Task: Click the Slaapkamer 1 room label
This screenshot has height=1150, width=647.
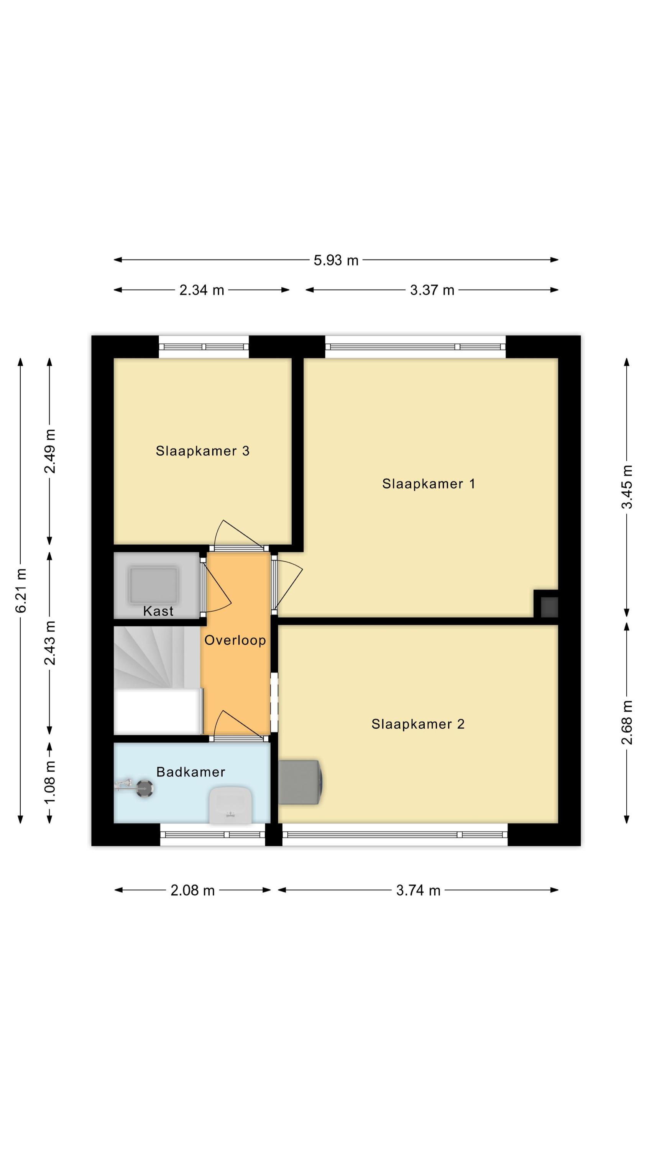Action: [x=428, y=484]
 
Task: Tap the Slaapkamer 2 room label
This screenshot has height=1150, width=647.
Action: [x=417, y=724]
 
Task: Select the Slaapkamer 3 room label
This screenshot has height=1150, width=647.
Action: [x=202, y=451]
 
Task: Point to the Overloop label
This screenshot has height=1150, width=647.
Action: [x=235, y=641]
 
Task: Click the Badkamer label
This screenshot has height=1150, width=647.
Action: [x=190, y=772]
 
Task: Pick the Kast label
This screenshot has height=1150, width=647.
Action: [x=158, y=611]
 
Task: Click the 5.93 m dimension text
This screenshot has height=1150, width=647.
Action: [x=336, y=260]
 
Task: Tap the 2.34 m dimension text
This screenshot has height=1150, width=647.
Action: [x=201, y=290]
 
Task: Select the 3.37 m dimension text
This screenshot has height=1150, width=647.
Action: [x=432, y=290]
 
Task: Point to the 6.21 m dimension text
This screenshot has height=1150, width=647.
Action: [x=21, y=590]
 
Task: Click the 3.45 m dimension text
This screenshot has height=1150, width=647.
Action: [x=627, y=486]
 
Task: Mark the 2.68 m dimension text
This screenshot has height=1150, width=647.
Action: [x=627, y=723]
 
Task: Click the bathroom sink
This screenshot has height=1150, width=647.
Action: [x=230, y=805]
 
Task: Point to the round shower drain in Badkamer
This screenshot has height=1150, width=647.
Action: [x=145, y=789]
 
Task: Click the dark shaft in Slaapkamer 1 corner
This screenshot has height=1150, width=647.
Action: [x=549, y=607]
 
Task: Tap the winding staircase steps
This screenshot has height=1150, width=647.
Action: [x=157, y=657]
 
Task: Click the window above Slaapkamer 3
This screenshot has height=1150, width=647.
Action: [x=204, y=347]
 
